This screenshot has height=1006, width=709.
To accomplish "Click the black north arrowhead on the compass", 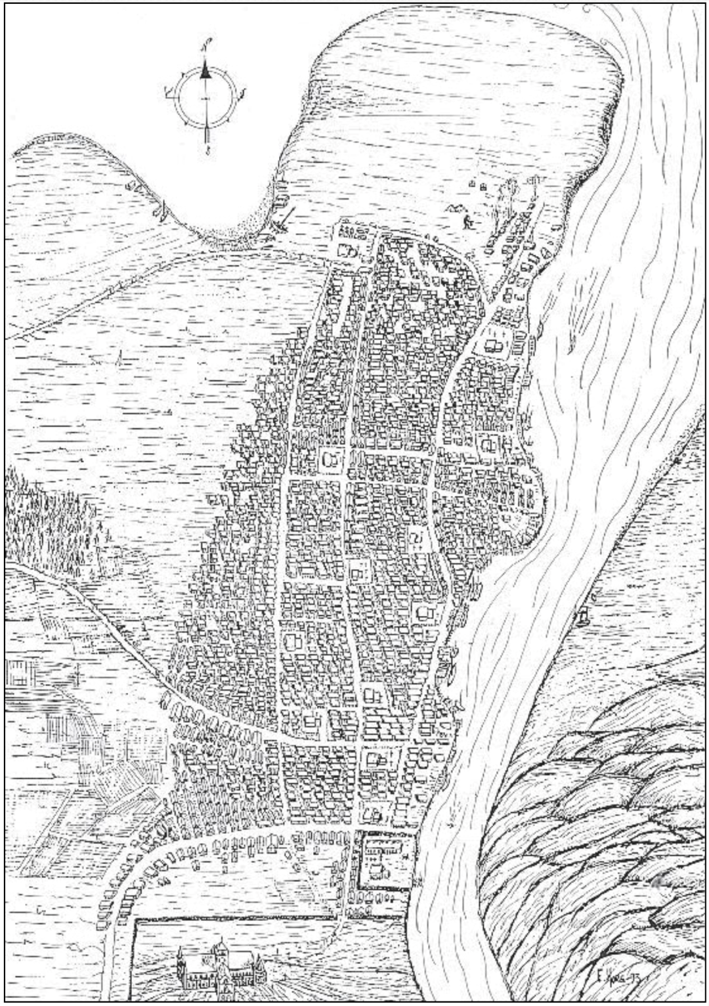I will point(205,72).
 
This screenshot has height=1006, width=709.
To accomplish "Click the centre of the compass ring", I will point(206,97).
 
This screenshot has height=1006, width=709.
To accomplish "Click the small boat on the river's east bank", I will point(582,615).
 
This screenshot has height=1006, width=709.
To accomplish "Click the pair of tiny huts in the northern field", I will point(477,186).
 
